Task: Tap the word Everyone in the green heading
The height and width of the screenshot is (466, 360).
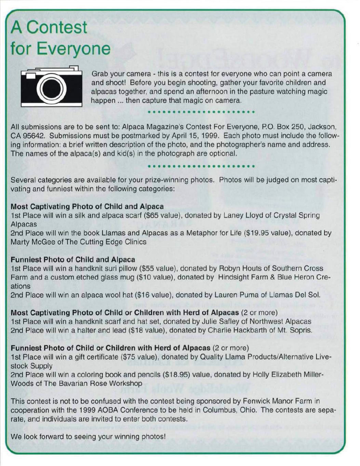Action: click(x=74, y=50)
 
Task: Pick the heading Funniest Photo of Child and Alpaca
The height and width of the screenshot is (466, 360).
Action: click(x=73, y=260)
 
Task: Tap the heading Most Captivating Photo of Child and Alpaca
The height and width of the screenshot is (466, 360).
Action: click(x=87, y=207)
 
